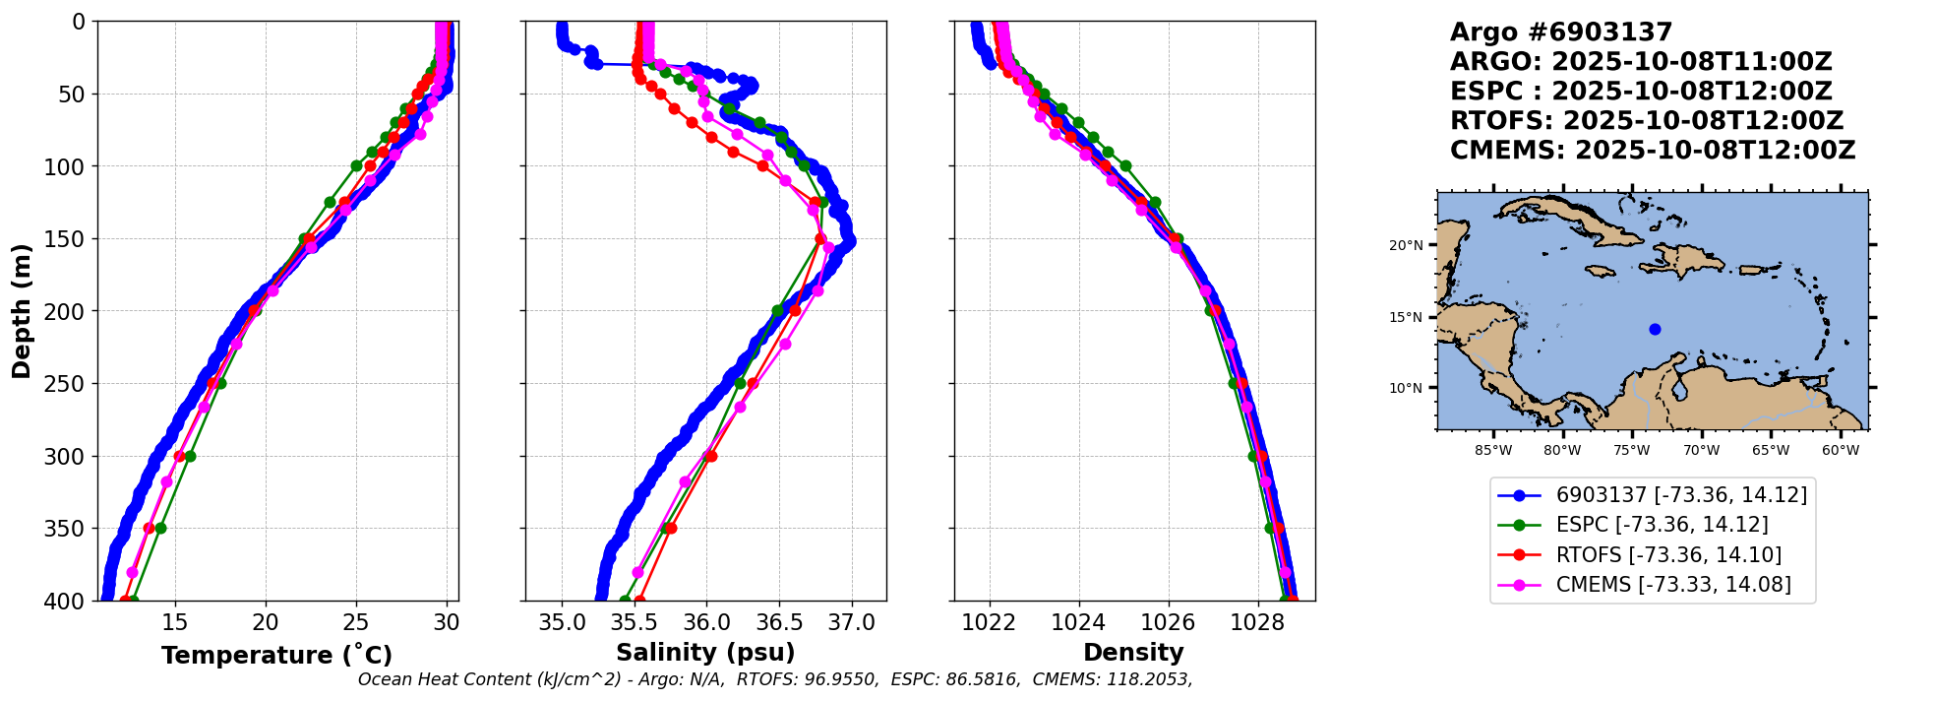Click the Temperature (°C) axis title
(x=276, y=656)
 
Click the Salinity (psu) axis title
(x=705, y=653)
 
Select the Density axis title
(x=1133, y=653)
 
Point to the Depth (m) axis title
(x=22, y=311)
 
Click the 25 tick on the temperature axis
(x=356, y=623)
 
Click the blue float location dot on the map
(x=1655, y=329)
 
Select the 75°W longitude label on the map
(x=1631, y=451)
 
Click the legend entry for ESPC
(x=1662, y=526)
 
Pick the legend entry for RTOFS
(x=1668, y=555)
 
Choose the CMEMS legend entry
(x=1672, y=585)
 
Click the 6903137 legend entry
(x=1681, y=495)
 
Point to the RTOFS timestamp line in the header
(x=1647, y=121)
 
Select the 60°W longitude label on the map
(x=1841, y=451)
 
